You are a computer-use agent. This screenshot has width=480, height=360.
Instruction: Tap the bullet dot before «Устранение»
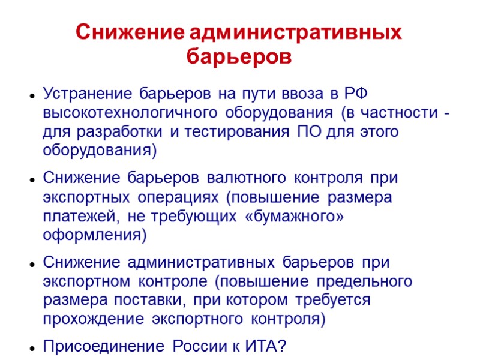[29, 95]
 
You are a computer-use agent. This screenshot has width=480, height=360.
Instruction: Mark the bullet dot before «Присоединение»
[29, 347]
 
